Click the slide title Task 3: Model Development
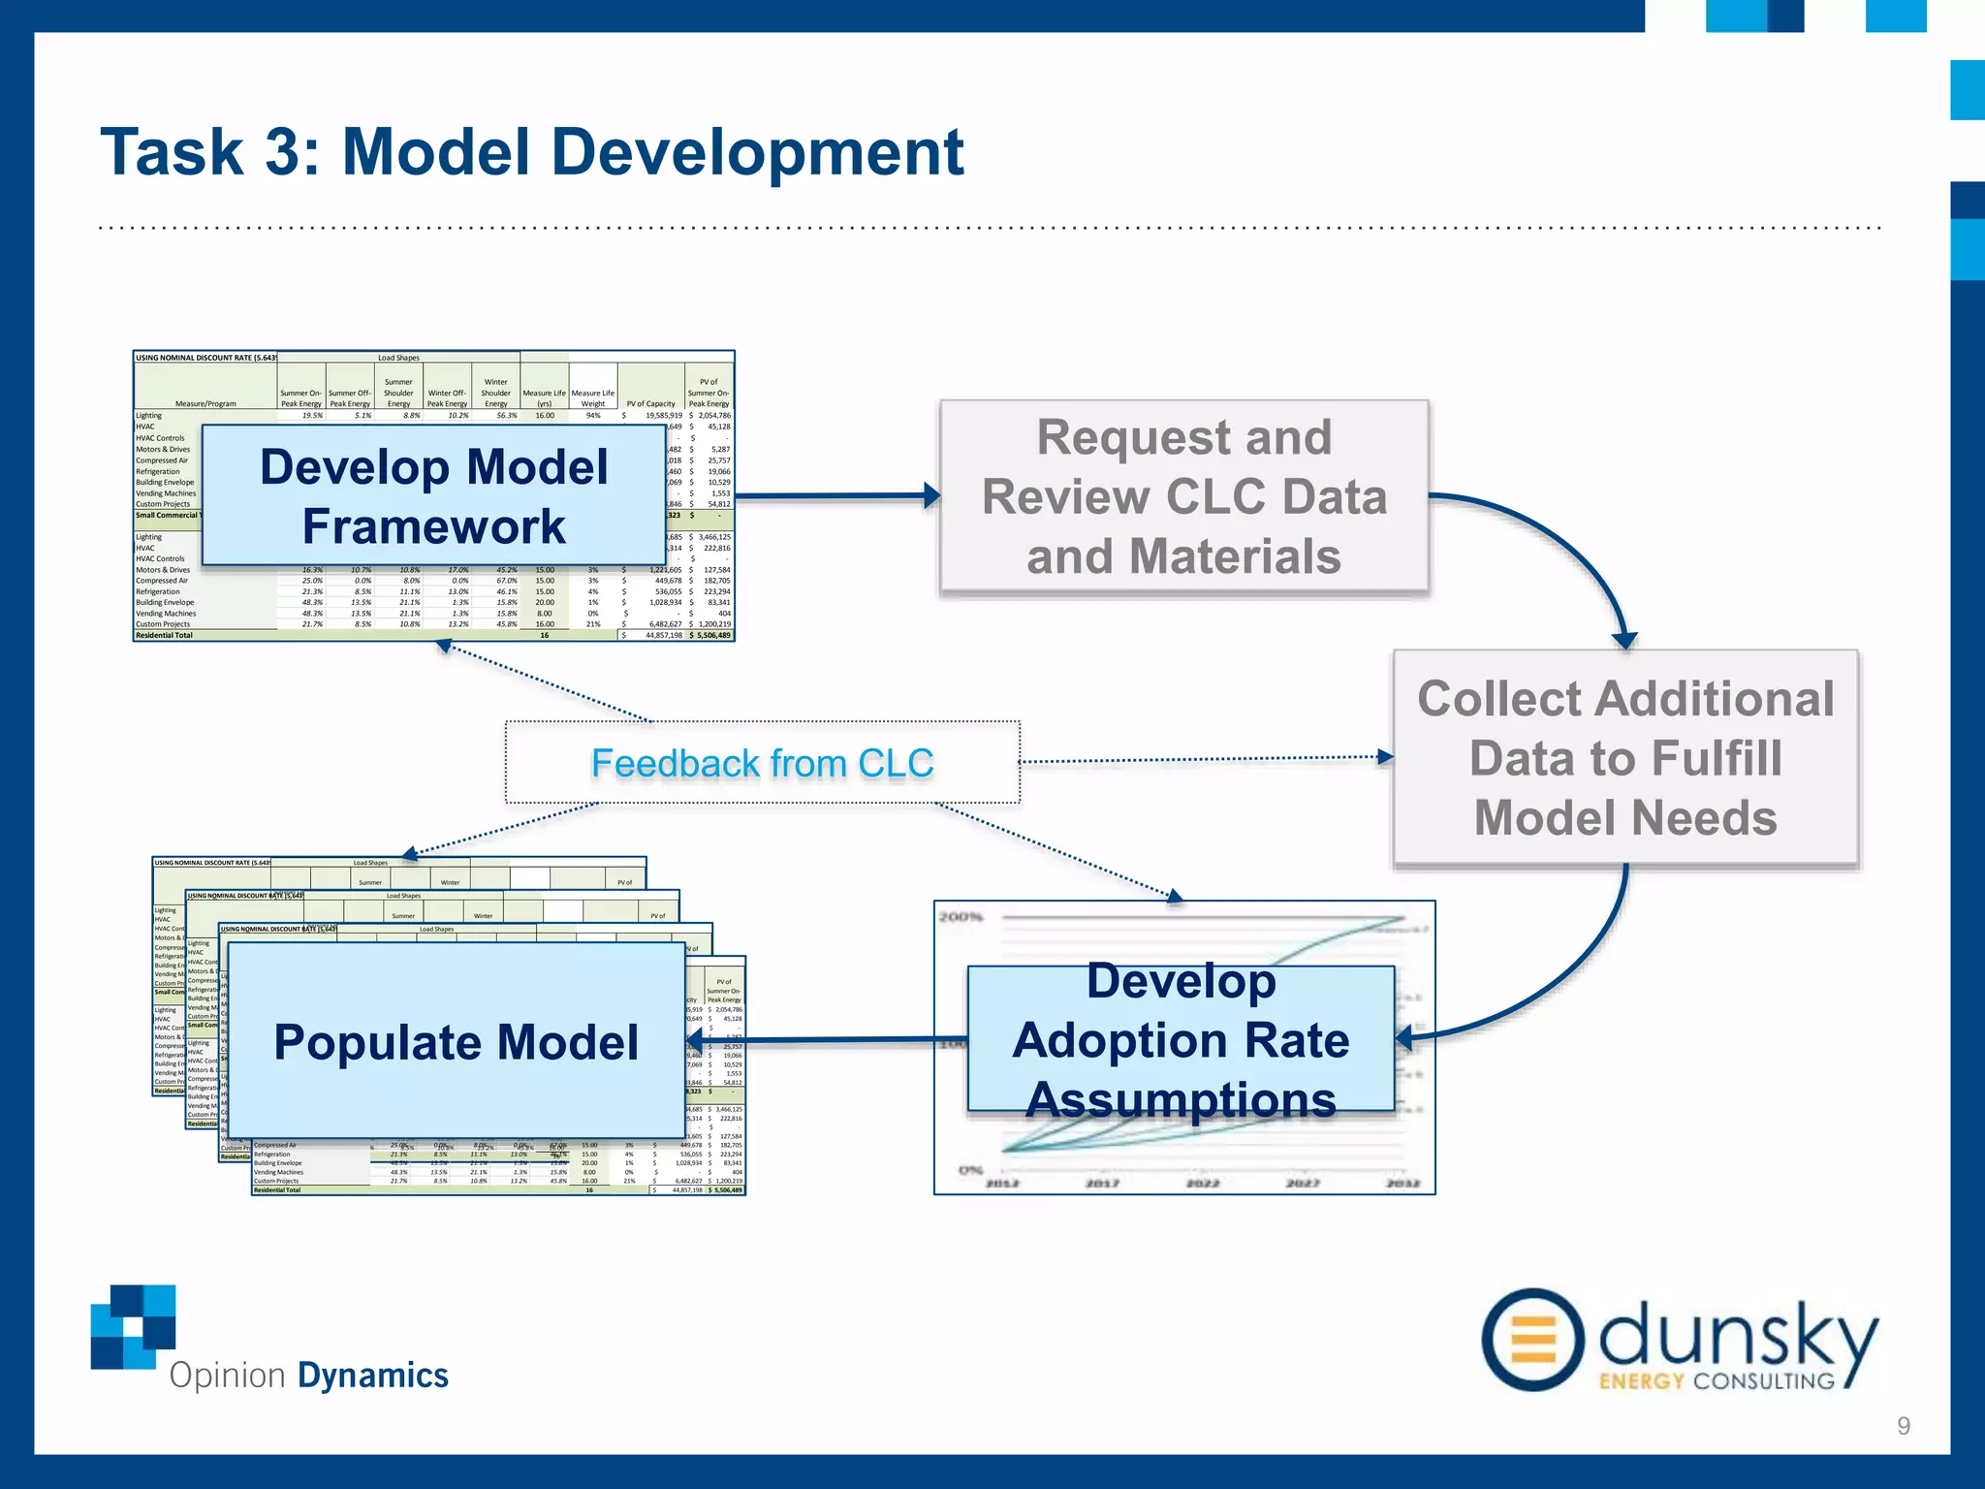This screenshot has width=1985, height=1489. pos(532,152)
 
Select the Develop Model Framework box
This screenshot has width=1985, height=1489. pos(433,495)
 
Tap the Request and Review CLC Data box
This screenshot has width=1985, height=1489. pos(1183,495)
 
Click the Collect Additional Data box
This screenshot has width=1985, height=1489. pos(1625,757)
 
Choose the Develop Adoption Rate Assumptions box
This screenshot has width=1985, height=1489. pos(1181,1039)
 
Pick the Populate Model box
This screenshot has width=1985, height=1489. pos(456,1041)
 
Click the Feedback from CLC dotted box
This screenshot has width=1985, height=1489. pos(762,763)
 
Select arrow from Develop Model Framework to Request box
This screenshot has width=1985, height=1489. pos(834,495)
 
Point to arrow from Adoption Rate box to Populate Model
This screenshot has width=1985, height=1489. pos(834,1041)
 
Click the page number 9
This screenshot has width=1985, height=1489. pos(1904,1425)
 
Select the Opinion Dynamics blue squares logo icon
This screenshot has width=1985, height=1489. pos(135,1325)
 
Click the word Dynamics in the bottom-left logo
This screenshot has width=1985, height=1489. pos(372,1376)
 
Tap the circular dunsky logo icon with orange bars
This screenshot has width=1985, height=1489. pos(1532,1340)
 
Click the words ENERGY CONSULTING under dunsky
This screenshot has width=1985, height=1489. pos(1716,1380)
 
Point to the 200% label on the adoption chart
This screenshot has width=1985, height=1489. pos(961,917)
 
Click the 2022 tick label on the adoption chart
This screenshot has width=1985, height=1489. pos(1202,1183)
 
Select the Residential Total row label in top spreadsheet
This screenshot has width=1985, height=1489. pos(164,636)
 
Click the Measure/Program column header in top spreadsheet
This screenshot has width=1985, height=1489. pos(205,403)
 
